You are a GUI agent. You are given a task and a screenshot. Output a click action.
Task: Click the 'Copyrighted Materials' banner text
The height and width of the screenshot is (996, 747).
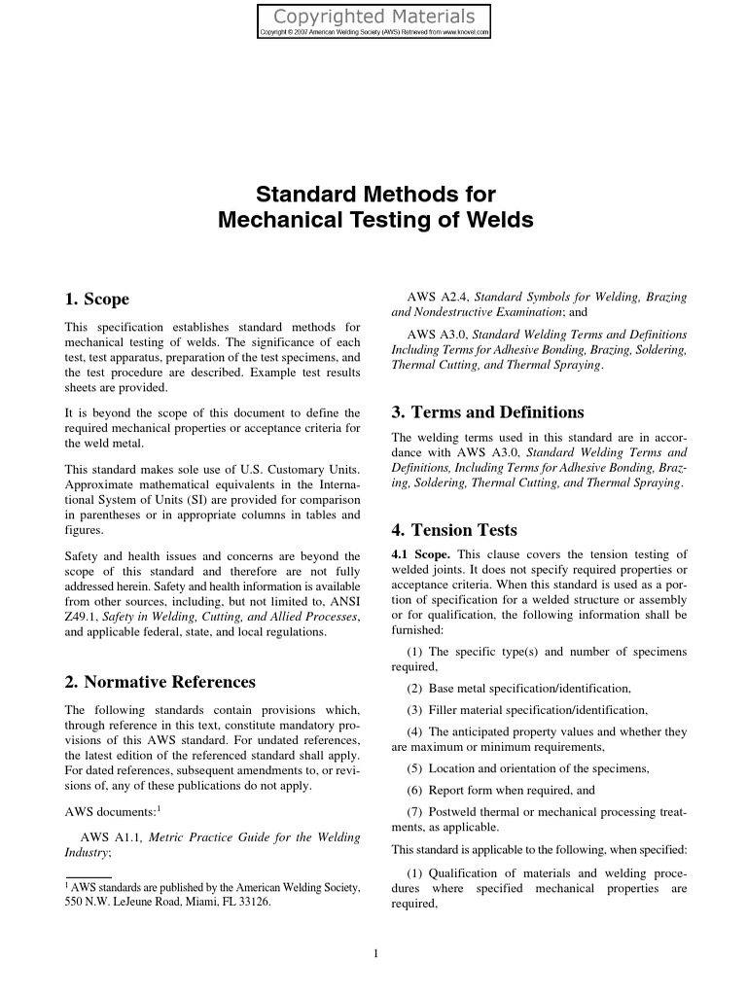coord(373,17)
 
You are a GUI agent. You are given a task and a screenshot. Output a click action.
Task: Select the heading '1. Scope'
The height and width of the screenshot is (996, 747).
coord(96,299)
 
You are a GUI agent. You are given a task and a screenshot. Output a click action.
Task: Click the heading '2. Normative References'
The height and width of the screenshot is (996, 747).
coord(160,682)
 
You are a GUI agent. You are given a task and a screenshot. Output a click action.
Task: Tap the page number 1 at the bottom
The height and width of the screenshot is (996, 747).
coord(374,952)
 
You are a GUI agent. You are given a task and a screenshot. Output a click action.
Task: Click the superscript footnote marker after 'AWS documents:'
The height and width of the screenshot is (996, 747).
coord(159,807)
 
